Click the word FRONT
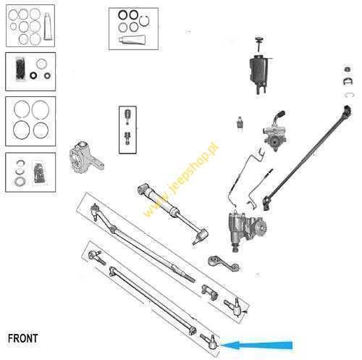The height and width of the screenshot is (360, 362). point(23,338)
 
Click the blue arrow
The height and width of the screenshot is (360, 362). point(256,345)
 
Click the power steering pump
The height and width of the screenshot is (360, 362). point(274,134)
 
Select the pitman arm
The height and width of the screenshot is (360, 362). point(224,264)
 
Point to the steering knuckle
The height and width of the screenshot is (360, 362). point(85,158)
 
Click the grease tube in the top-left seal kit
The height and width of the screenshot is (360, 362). point(48,26)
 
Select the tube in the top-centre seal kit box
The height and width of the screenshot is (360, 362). point(132,40)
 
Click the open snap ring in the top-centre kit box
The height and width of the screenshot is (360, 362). point(145,21)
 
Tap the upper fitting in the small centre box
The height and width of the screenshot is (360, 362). point(127,117)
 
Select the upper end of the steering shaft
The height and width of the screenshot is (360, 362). point(348,111)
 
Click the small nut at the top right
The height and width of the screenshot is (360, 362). point(347,70)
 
